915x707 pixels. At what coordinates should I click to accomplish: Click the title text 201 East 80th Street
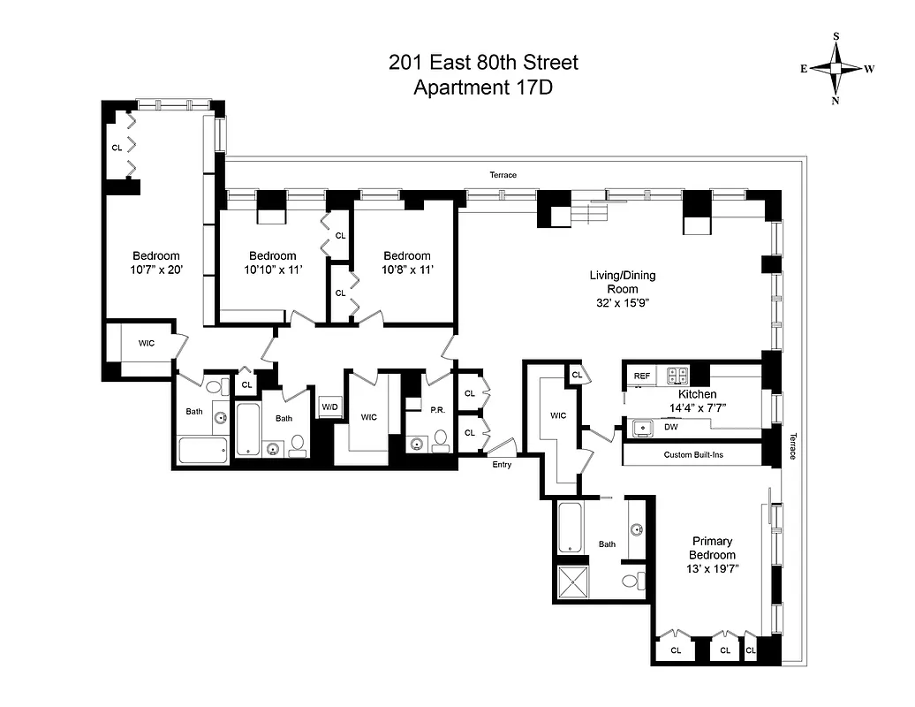pyautogui.click(x=483, y=63)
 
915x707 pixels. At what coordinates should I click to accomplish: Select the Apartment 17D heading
pyautogui.click(x=483, y=87)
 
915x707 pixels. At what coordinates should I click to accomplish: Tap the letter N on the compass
pyautogui.click(x=836, y=101)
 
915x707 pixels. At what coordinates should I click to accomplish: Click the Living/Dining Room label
pyautogui.click(x=623, y=282)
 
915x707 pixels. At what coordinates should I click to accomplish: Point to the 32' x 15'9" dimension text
pyautogui.click(x=623, y=303)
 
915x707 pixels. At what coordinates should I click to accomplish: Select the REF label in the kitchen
pyautogui.click(x=642, y=376)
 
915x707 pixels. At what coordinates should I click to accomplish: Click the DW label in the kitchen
pyautogui.click(x=672, y=427)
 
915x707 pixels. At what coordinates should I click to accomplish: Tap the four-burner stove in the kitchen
pyautogui.click(x=677, y=375)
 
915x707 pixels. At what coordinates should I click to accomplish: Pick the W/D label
pyautogui.click(x=329, y=407)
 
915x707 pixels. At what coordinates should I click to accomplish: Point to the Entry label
pyautogui.click(x=502, y=465)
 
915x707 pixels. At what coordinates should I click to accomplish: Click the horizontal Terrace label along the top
pyautogui.click(x=503, y=175)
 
